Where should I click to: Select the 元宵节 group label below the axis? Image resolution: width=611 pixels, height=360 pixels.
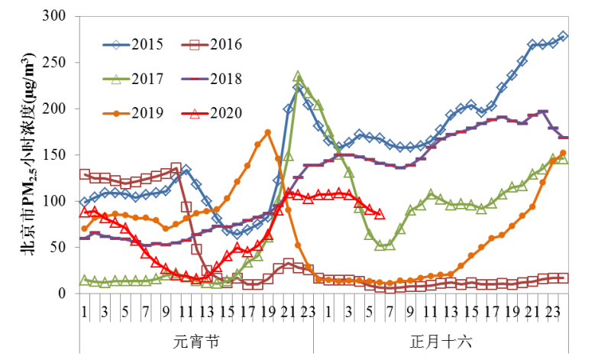coord(196,341)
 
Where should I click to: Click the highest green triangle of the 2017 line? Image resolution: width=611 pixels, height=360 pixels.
coord(298,76)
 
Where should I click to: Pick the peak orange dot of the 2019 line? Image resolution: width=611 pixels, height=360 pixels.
coord(267,132)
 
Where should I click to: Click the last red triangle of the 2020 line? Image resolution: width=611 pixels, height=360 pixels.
coord(380,214)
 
